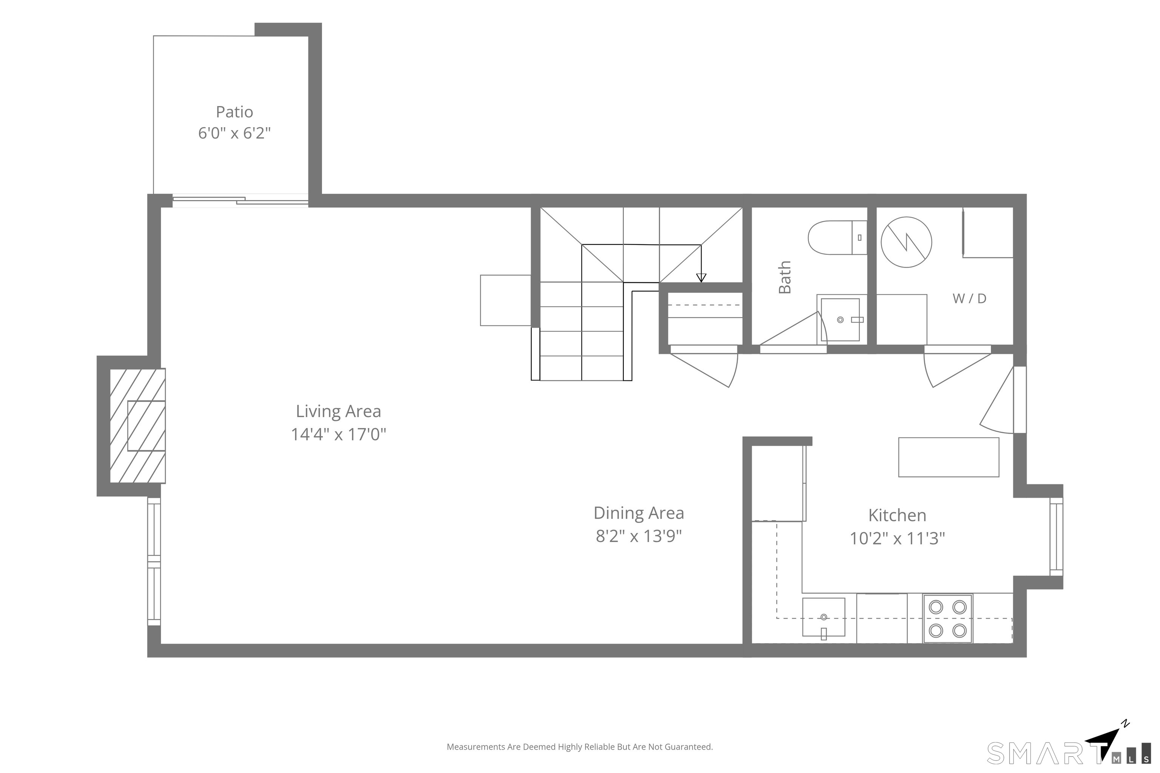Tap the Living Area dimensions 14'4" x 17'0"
pyautogui.click(x=338, y=434)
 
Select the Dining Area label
pyautogui.click(x=639, y=513)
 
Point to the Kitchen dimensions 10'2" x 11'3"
pyautogui.click(x=897, y=538)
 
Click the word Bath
pyautogui.click(x=785, y=277)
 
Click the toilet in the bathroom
pyautogui.click(x=838, y=238)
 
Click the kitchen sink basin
pyautogui.click(x=824, y=617)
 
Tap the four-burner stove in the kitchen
pyautogui.click(x=947, y=619)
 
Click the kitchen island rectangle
pyautogui.click(x=949, y=457)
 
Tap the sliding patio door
pyautogui.click(x=240, y=201)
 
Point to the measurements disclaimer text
pyautogui.click(x=580, y=747)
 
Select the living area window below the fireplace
pyautogui.click(x=154, y=562)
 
